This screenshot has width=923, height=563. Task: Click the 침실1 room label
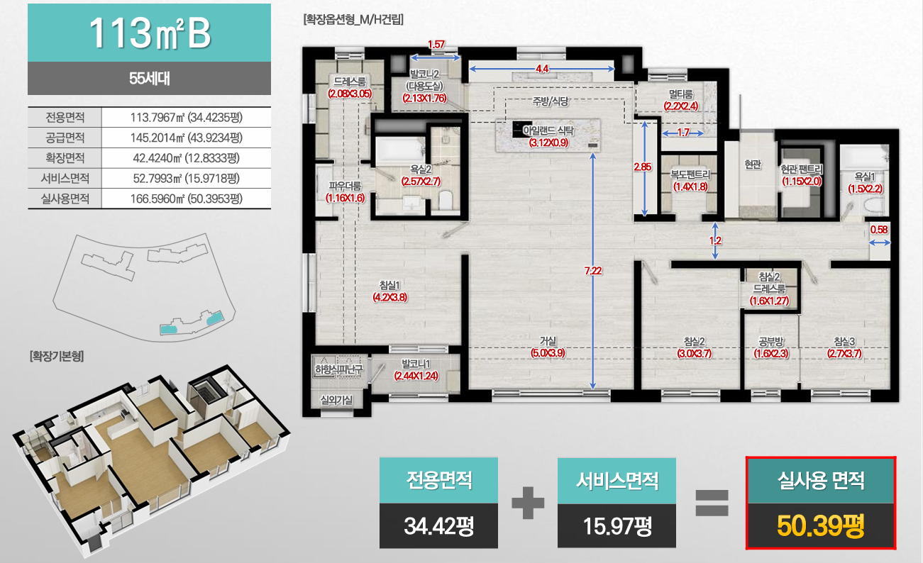coord(389,284)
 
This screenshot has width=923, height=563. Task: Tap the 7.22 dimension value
coord(593,271)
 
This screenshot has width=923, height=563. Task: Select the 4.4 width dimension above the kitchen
coord(542,69)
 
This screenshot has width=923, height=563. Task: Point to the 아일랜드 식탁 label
coord(548,130)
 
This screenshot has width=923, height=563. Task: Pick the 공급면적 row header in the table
coord(65,138)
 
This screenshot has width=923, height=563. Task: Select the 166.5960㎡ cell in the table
coord(187,199)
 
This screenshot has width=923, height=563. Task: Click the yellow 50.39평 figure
coord(820,526)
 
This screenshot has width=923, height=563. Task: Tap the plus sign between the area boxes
coord(528,503)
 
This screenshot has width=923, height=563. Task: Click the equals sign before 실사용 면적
coord(712,503)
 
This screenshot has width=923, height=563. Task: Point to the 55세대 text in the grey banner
coord(149,78)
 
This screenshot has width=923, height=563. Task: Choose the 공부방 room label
coord(771,342)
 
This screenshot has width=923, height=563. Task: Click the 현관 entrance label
coord(753,165)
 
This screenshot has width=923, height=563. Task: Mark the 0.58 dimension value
coord(879,230)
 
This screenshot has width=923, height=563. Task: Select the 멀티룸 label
coord(680,94)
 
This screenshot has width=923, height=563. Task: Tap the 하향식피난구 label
coord(338,369)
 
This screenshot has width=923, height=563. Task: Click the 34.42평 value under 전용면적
coord(438,526)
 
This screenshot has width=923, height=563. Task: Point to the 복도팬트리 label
coord(690,174)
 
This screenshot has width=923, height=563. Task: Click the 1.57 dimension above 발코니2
coord(436,45)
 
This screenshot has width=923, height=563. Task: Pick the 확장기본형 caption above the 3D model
coord(57,356)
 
